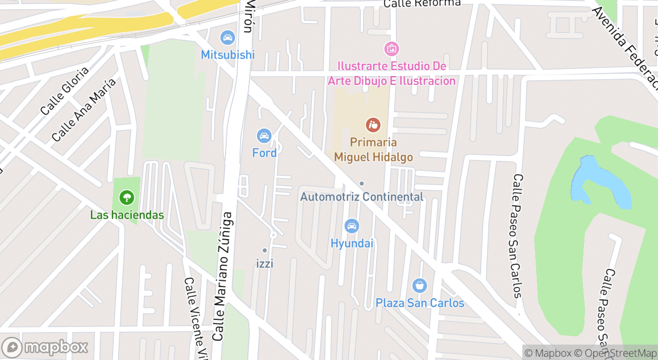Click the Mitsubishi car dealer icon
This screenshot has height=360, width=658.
pos(227,38)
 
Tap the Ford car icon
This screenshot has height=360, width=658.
pos(264,136)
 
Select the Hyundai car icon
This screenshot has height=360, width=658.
pos(352,226)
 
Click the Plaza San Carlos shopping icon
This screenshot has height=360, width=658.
pos(420,285)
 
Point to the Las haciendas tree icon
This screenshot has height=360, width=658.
pos(126,197)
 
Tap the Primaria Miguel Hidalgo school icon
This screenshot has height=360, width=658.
pos(373,124)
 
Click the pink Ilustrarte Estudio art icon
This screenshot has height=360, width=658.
pos(392,49)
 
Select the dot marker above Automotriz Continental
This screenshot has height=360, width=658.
pos(362,184)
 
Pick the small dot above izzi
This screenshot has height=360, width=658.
pos(265,250)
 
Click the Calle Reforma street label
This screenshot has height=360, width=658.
pos(422,4)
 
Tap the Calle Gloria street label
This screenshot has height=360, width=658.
pos(64,91)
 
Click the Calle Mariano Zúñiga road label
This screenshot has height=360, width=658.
pos(223,278)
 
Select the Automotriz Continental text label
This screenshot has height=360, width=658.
pos(362,197)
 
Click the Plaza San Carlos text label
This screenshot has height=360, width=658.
pos(420,303)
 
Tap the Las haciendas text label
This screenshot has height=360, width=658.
pos(127,215)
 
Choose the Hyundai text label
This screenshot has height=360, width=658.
pos(352,243)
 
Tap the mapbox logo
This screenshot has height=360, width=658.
pos(45,348)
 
